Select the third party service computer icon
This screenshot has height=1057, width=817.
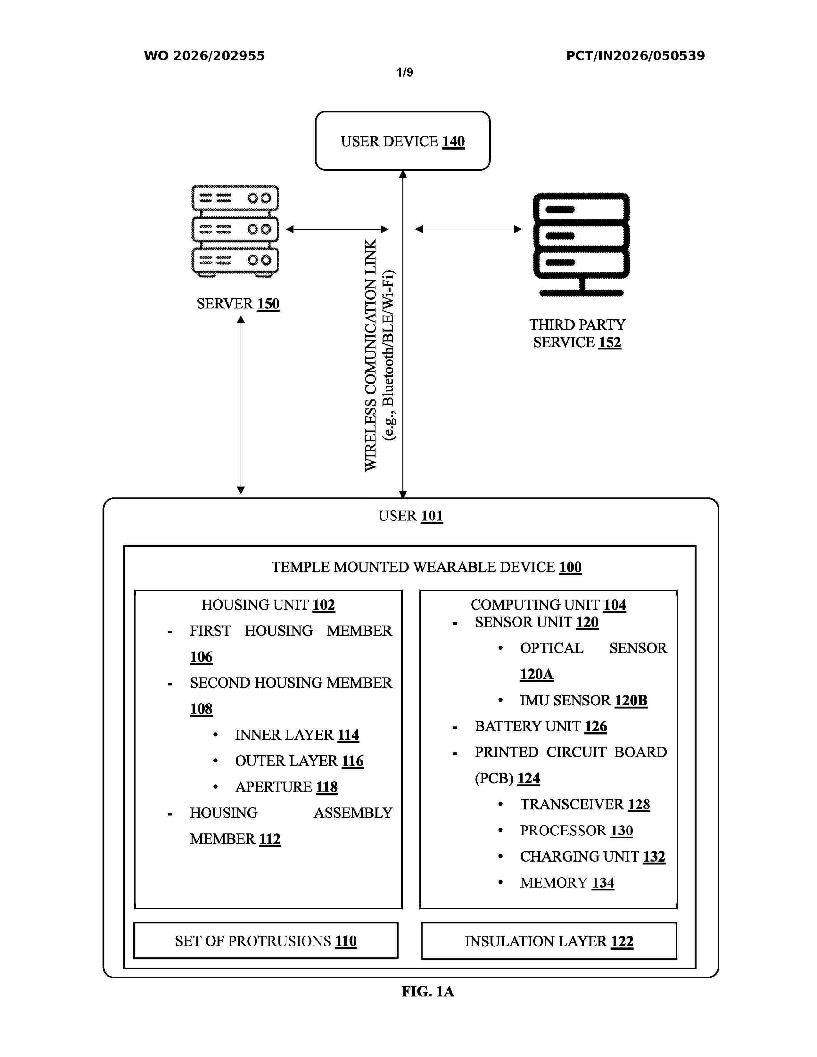pyautogui.click(x=581, y=244)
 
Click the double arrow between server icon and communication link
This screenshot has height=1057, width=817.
pyautogui.click(x=337, y=229)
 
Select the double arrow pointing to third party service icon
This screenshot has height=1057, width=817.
pyautogui.click(x=468, y=229)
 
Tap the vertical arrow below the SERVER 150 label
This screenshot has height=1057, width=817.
pyautogui.click(x=241, y=405)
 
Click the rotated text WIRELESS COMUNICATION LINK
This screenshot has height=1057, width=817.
pyautogui.click(x=370, y=355)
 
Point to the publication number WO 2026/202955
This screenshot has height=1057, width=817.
pyautogui.click(x=204, y=56)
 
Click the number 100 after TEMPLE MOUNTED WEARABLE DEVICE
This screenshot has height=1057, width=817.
pyautogui.click(x=571, y=567)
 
